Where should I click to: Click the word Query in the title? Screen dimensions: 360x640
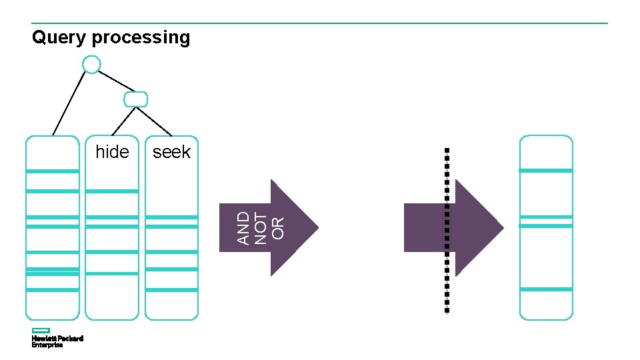(x=59, y=38)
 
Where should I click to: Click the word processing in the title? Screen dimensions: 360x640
(x=141, y=38)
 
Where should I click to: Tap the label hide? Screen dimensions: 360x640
(x=112, y=152)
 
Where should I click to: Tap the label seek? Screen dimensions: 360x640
(x=171, y=152)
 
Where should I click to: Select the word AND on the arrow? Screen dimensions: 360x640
(x=244, y=227)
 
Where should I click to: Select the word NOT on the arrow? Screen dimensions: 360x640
(x=261, y=227)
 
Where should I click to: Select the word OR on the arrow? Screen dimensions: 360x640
(x=277, y=227)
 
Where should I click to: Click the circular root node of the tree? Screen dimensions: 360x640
(x=91, y=64)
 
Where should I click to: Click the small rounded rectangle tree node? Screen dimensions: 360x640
(x=135, y=99)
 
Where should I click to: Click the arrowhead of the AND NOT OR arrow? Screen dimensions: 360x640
(x=293, y=227)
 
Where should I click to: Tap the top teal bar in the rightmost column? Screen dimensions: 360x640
(x=545, y=171)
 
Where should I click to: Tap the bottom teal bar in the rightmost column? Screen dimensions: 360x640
(x=545, y=289)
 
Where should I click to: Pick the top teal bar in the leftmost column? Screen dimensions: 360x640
(x=52, y=171)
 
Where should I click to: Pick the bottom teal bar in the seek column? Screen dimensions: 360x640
(x=171, y=290)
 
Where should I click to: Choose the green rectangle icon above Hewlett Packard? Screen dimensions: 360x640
(x=41, y=331)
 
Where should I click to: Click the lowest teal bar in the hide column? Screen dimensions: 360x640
(x=112, y=273)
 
